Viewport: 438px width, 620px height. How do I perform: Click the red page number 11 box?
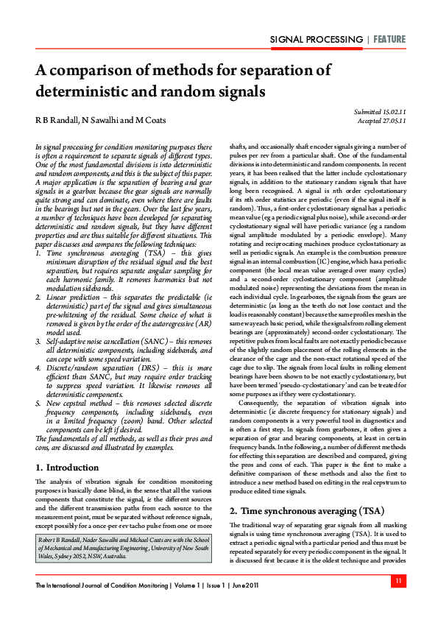point(398,582)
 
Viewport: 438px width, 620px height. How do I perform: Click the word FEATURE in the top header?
point(388,39)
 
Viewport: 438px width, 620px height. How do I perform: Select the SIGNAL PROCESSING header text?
point(317,39)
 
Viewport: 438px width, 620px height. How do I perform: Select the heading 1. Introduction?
point(68,446)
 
